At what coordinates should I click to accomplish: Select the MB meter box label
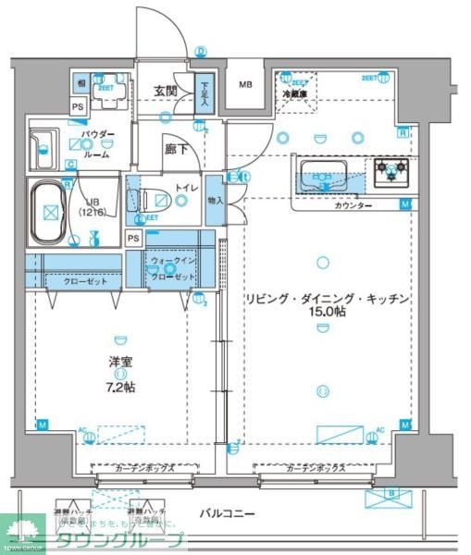pyautogui.click(x=245, y=85)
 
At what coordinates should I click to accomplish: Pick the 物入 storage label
pyautogui.click(x=215, y=199)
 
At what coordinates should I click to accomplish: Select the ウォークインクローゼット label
pyautogui.click(x=173, y=269)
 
